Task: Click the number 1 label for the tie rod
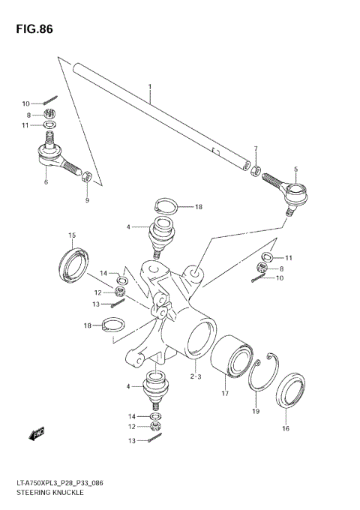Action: pyautogui.click(x=149, y=87)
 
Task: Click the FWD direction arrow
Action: pyautogui.click(x=34, y=433)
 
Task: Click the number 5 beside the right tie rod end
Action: pyautogui.click(x=295, y=169)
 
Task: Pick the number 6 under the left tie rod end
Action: pyautogui.click(x=46, y=182)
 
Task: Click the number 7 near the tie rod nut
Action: pyautogui.click(x=255, y=148)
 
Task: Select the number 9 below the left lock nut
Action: pyautogui.click(x=85, y=200)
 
